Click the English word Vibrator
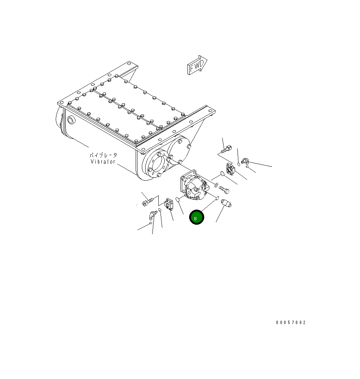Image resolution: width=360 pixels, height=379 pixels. click(x=103, y=162)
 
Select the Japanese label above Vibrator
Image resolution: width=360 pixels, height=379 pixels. click(x=103, y=155)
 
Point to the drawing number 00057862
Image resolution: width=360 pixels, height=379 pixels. click(x=291, y=323)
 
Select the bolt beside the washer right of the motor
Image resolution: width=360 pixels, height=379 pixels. click(x=224, y=189)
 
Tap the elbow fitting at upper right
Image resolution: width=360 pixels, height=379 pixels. click(x=245, y=160)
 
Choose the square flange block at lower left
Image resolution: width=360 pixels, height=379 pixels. click(x=169, y=204)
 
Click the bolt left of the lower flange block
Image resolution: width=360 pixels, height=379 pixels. click(x=146, y=201)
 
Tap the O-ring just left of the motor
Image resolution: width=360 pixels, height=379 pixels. click(x=177, y=199)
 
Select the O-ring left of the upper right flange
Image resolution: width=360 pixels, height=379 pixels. click(x=222, y=174)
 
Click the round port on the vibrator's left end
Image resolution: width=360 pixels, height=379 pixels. click(x=70, y=120)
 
